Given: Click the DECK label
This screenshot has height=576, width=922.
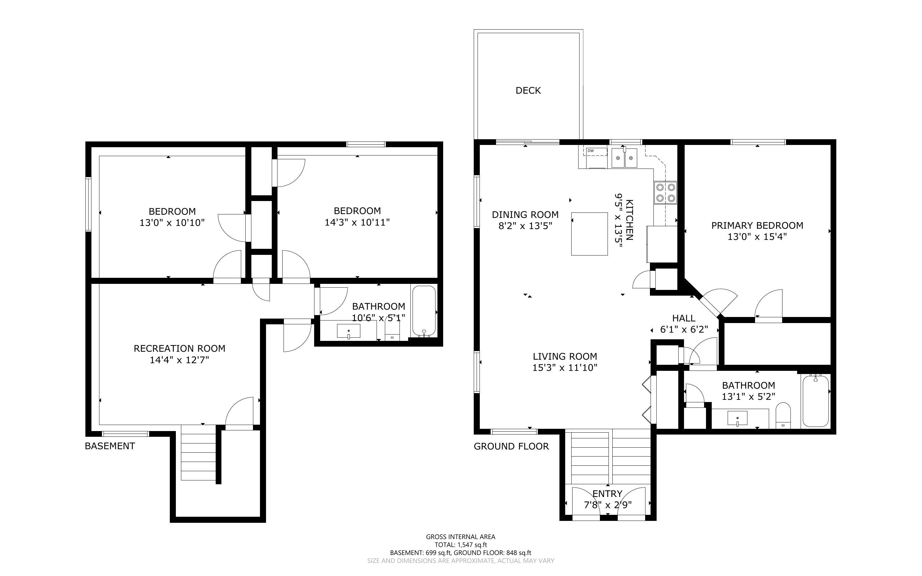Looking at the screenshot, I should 528,90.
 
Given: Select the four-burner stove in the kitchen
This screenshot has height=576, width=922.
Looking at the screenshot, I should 665,192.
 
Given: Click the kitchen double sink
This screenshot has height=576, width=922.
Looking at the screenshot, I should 624,158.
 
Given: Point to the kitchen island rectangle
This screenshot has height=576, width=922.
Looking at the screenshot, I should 589,234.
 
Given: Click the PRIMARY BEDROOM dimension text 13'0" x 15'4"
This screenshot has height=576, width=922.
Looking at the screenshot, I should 757,237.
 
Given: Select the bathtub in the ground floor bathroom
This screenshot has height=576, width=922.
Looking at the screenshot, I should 816,401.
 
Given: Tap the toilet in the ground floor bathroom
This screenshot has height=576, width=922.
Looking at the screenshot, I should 783,415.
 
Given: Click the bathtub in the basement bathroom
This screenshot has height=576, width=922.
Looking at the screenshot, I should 424,311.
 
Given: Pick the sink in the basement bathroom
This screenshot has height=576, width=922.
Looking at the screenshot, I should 349,331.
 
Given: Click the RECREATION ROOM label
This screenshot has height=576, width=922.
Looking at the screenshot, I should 179,348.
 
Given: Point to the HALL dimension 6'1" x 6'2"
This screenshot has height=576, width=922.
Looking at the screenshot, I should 684,329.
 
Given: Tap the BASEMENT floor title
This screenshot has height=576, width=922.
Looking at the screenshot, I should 110,446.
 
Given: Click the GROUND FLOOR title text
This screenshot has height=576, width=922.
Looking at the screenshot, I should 511,446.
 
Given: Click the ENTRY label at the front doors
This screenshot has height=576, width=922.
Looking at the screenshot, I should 607,493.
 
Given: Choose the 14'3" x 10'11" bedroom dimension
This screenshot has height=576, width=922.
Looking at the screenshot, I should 357,222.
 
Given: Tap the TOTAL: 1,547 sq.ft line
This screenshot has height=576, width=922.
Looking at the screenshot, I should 460,545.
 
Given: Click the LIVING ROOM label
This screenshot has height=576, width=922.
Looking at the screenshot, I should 565,356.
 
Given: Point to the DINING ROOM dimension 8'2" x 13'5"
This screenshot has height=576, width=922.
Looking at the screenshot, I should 525,226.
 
